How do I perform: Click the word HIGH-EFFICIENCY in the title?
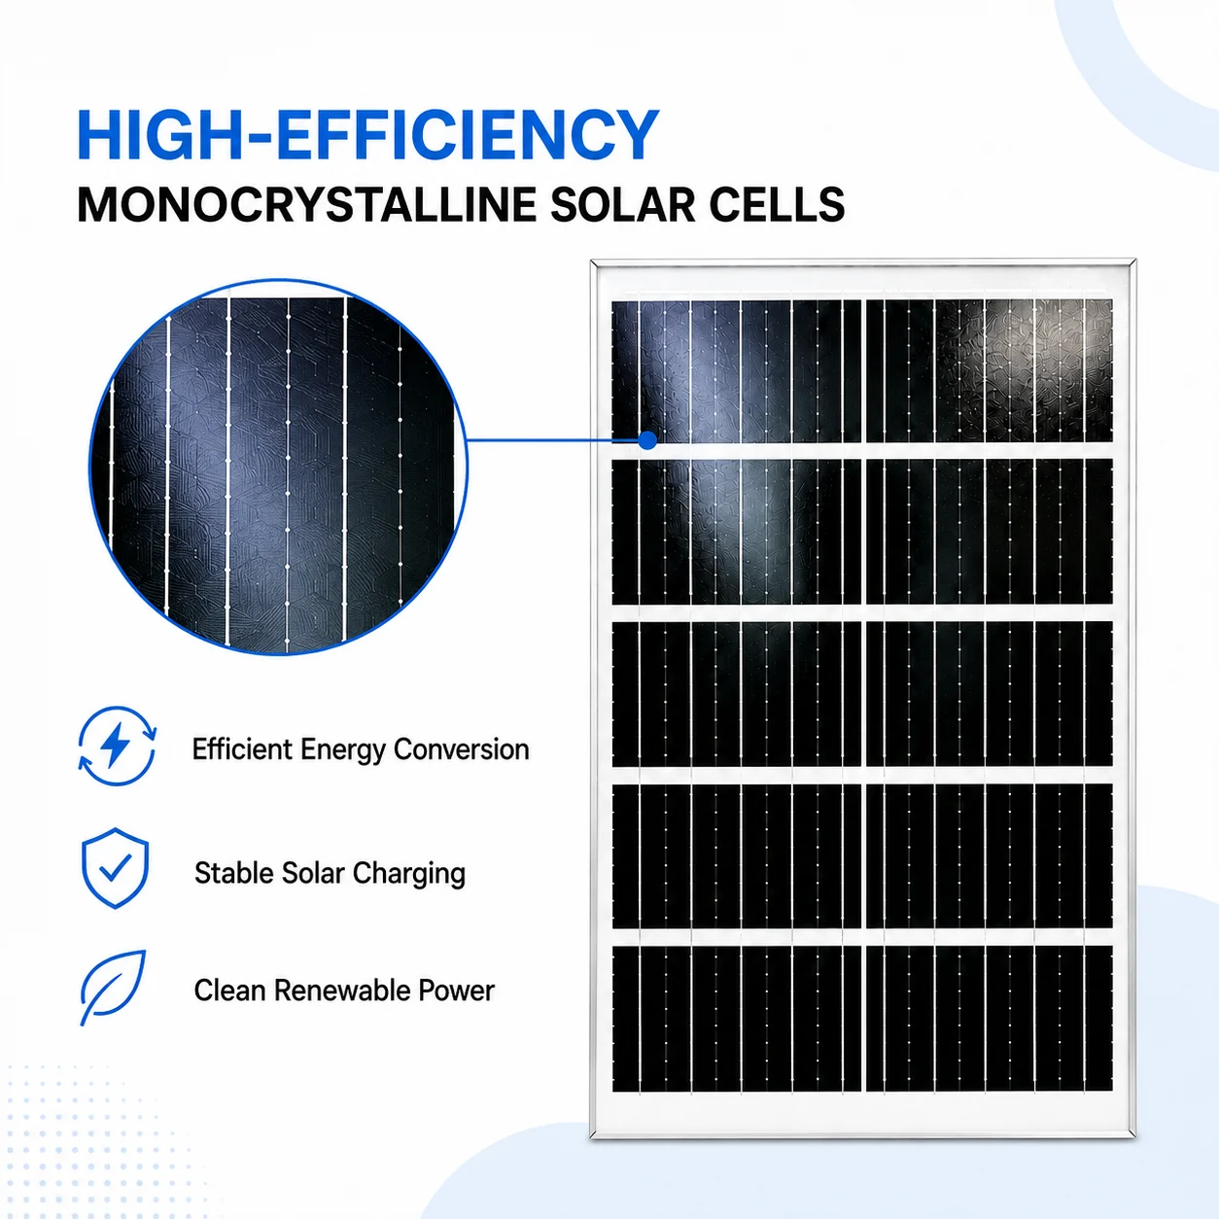click(367, 135)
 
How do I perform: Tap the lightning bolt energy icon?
click(117, 746)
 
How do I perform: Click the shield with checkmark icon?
click(115, 868)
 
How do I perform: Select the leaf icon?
click(113, 988)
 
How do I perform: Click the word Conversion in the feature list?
click(461, 749)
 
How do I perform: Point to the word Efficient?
click(242, 749)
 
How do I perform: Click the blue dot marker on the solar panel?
click(647, 440)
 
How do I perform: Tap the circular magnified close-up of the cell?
click(278, 467)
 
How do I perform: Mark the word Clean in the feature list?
click(230, 991)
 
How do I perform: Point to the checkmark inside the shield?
click(116, 867)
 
